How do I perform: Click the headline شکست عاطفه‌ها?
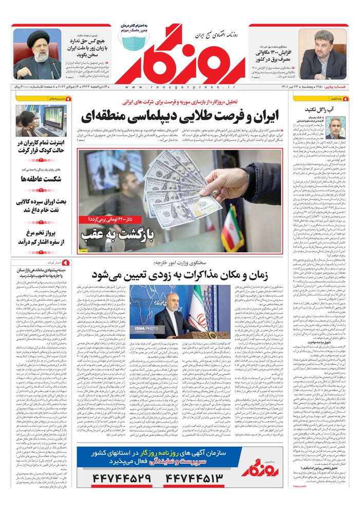tap(41, 178)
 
